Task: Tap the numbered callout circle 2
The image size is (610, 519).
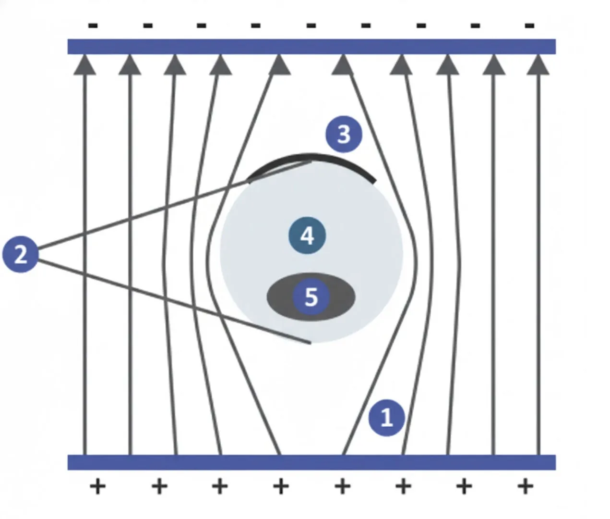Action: pyautogui.click(x=20, y=254)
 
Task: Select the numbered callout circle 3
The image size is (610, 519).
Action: pyautogui.click(x=344, y=134)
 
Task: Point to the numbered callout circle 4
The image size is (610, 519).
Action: pyautogui.click(x=307, y=236)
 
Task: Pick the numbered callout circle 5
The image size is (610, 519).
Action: pyautogui.click(x=311, y=297)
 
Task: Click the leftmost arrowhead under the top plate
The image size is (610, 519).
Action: pyautogui.click(x=85, y=66)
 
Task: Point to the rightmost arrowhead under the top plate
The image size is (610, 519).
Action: pyautogui.click(x=538, y=66)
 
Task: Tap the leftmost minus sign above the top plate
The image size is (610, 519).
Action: pyautogui.click(x=93, y=25)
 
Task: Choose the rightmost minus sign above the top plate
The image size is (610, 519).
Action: pyautogui.click(x=529, y=25)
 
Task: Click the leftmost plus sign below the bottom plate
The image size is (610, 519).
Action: pyautogui.click(x=97, y=486)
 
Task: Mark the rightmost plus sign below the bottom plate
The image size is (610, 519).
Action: pyautogui.click(x=525, y=486)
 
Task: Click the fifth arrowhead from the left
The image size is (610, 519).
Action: pyautogui.click(x=279, y=66)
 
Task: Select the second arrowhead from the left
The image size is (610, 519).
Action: pyautogui.click(x=130, y=66)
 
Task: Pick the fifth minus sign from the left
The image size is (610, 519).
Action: pyautogui.click(x=311, y=25)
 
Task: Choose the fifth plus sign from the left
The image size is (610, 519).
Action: pyautogui.click(x=342, y=486)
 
